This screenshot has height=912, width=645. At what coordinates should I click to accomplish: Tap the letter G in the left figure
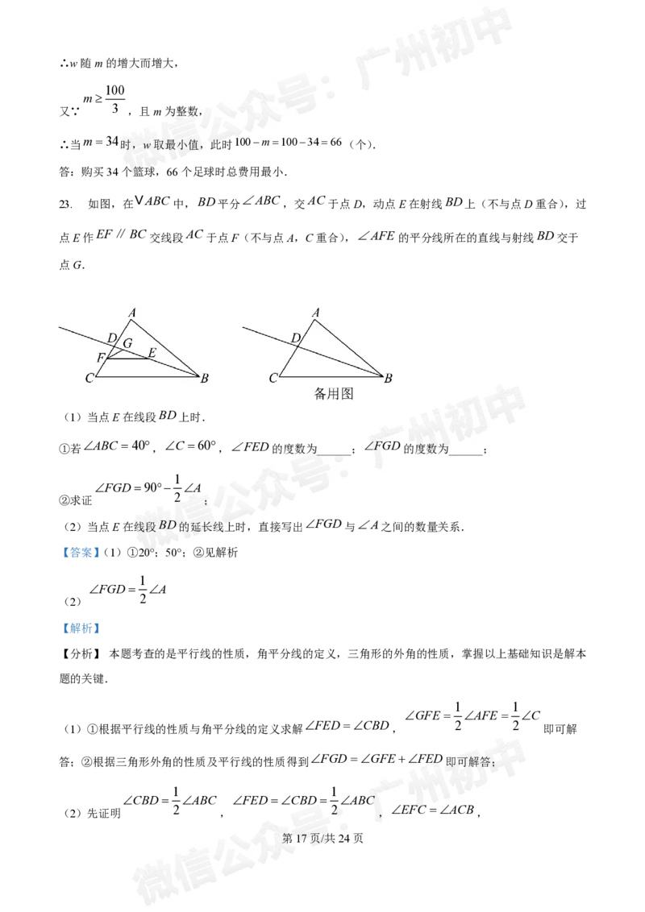tap(127, 344)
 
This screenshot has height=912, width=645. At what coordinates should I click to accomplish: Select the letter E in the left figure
tap(152, 352)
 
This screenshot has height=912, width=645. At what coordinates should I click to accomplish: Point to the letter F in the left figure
tap(100, 357)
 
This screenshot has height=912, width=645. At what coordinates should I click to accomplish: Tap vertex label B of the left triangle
tap(205, 378)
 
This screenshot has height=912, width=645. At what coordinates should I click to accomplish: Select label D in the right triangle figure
tap(295, 338)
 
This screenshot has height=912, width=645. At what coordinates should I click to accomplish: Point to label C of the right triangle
tap(273, 378)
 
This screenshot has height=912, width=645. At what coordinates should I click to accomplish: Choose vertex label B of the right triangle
tap(388, 378)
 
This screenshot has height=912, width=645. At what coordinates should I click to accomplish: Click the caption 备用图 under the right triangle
tap(334, 394)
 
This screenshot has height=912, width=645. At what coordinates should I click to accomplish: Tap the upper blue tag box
tap(81, 553)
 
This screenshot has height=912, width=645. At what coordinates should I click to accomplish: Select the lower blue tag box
tap(81, 628)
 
